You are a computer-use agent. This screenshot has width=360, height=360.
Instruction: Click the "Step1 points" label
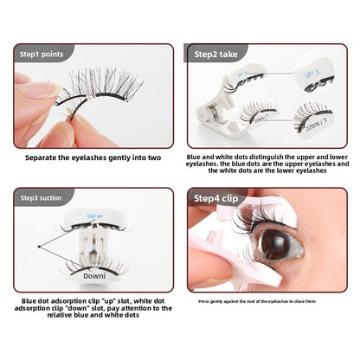(41, 52)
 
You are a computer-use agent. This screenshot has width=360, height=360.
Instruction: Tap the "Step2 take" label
(217, 52)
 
